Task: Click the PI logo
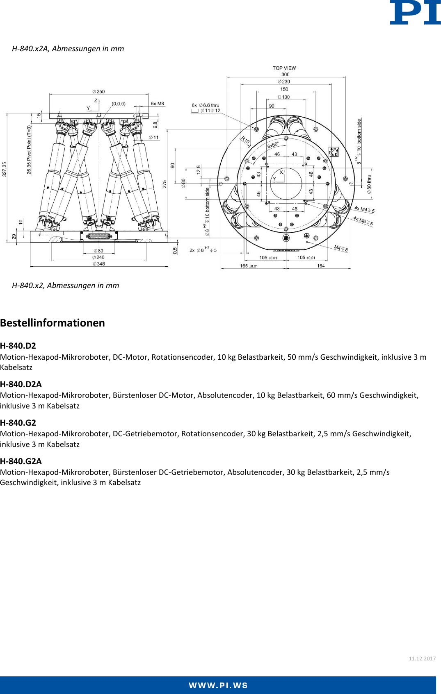pyautogui.click(x=415, y=13)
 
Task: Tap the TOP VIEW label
pyautogui.click(x=284, y=68)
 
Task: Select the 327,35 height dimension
pyautogui.click(x=5, y=169)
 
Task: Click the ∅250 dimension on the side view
pyautogui.click(x=98, y=91)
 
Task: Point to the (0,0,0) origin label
pyautogui.click(x=119, y=104)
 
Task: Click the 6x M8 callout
pyautogui.click(x=157, y=104)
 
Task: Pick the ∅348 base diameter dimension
pyautogui.click(x=99, y=264)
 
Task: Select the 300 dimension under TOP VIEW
pyautogui.click(x=285, y=75)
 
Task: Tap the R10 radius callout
pyautogui.click(x=245, y=140)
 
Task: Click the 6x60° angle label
pyautogui.click(x=273, y=145)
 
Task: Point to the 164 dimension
pyautogui.click(x=321, y=266)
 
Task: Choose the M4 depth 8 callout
pyautogui.click(x=341, y=248)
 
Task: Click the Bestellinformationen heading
pyautogui.click(x=53, y=323)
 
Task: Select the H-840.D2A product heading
pyautogui.click(x=21, y=384)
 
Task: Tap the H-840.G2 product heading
pyautogui.click(x=18, y=423)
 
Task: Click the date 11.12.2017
pyautogui.click(x=422, y=659)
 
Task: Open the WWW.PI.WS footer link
pyautogui.click(x=218, y=685)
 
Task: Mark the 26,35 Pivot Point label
pyautogui.click(x=29, y=150)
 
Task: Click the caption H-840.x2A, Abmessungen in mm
pyautogui.click(x=68, y=49)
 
